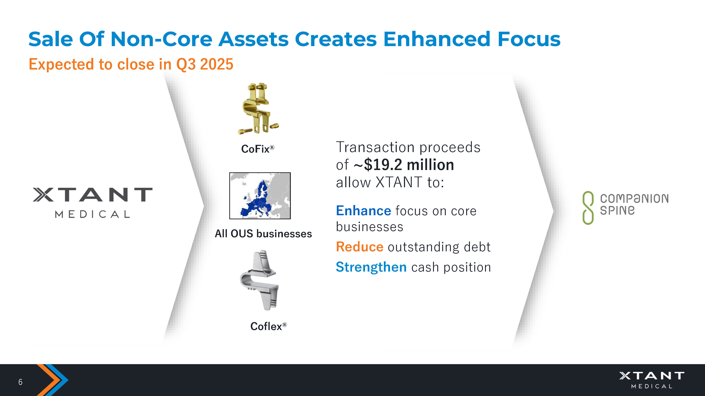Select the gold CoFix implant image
point(258,108)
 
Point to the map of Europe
point(260,196)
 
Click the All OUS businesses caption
point(263,234)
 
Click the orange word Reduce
point(360,247)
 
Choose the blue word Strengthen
point(371,267)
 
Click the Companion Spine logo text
point(634,204)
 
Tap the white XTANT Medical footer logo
point(652,380)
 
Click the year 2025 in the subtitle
point(216,64)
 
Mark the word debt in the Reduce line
point(477,247)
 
